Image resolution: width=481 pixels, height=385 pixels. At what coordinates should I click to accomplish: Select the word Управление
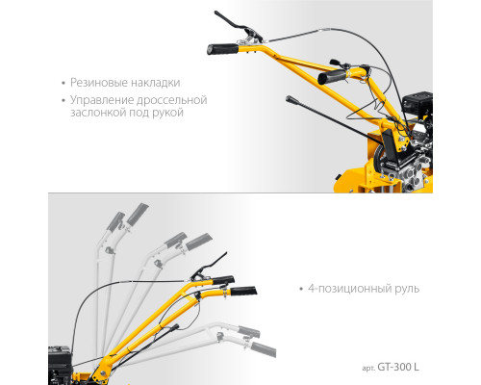click(102, 100)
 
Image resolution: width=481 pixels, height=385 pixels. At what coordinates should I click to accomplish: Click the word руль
click(407, 289)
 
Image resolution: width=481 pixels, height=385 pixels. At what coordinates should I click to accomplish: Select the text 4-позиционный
click(349, 289)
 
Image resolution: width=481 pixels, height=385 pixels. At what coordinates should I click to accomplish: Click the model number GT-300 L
click(398, 367)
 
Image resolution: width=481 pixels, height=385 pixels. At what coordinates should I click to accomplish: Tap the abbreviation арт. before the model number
click(368, 368)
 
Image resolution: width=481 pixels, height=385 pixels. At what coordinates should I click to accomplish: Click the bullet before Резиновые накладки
click(63, 83)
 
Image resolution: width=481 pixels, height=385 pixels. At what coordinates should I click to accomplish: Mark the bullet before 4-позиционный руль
click(301, 289)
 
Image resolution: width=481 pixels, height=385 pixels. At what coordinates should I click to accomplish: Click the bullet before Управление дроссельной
click(63, 100)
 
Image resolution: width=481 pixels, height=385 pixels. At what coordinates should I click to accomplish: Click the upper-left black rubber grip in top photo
click(222, 49)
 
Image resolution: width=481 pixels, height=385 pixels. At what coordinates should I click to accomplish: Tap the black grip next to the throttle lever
click(332, 77)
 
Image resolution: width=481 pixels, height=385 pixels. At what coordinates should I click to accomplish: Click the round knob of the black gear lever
click(290, 99)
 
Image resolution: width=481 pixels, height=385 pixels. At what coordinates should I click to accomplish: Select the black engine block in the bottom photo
click(60, 365)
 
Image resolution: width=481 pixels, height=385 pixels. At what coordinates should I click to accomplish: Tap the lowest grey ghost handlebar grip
click(263, 349)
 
